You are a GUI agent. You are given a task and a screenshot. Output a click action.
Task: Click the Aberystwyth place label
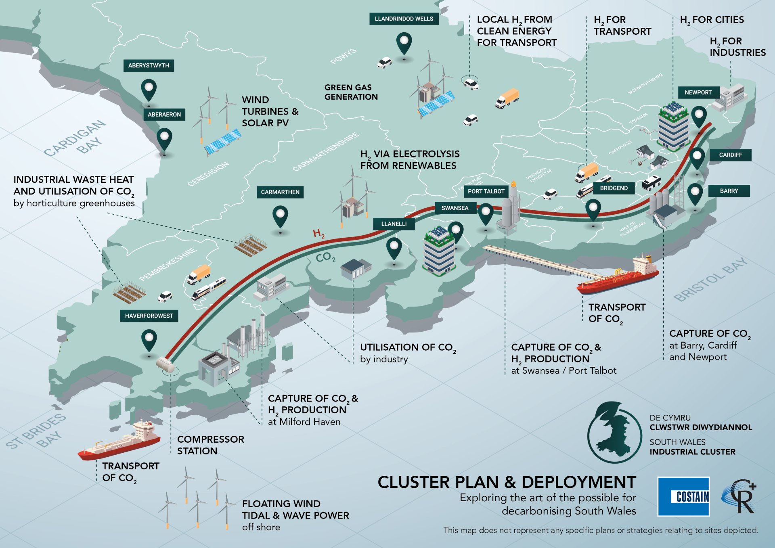[x=149, y=65]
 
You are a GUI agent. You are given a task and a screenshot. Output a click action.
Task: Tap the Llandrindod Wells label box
[x=404, y=19]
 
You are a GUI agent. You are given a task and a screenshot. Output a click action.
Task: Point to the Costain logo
[x=683, y=496]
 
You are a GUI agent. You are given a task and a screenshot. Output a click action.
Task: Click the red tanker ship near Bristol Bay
[x=618, y=276]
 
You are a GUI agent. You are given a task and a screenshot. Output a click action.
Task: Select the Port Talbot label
[x=486, y=191]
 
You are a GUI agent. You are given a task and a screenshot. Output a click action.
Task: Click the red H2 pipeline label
[x=318, y=233]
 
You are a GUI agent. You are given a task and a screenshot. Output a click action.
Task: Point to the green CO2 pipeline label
[x=325, y=257]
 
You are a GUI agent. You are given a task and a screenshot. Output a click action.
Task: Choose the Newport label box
[x=698, y=92]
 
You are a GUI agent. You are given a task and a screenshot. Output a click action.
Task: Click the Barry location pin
[x=695, y=195]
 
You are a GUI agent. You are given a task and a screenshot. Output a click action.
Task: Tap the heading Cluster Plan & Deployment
[x=507, y=482]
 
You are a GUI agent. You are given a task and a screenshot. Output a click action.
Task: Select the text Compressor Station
[x=210, y=445]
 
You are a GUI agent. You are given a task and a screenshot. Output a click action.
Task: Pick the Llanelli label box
[x=394, y=224]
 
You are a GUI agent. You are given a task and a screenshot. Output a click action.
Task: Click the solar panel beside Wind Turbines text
[x=222, y=142]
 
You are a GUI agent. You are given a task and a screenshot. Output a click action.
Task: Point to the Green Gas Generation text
[x=351, y=92]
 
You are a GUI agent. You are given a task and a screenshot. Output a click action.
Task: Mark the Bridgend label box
[x=614, y=188]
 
